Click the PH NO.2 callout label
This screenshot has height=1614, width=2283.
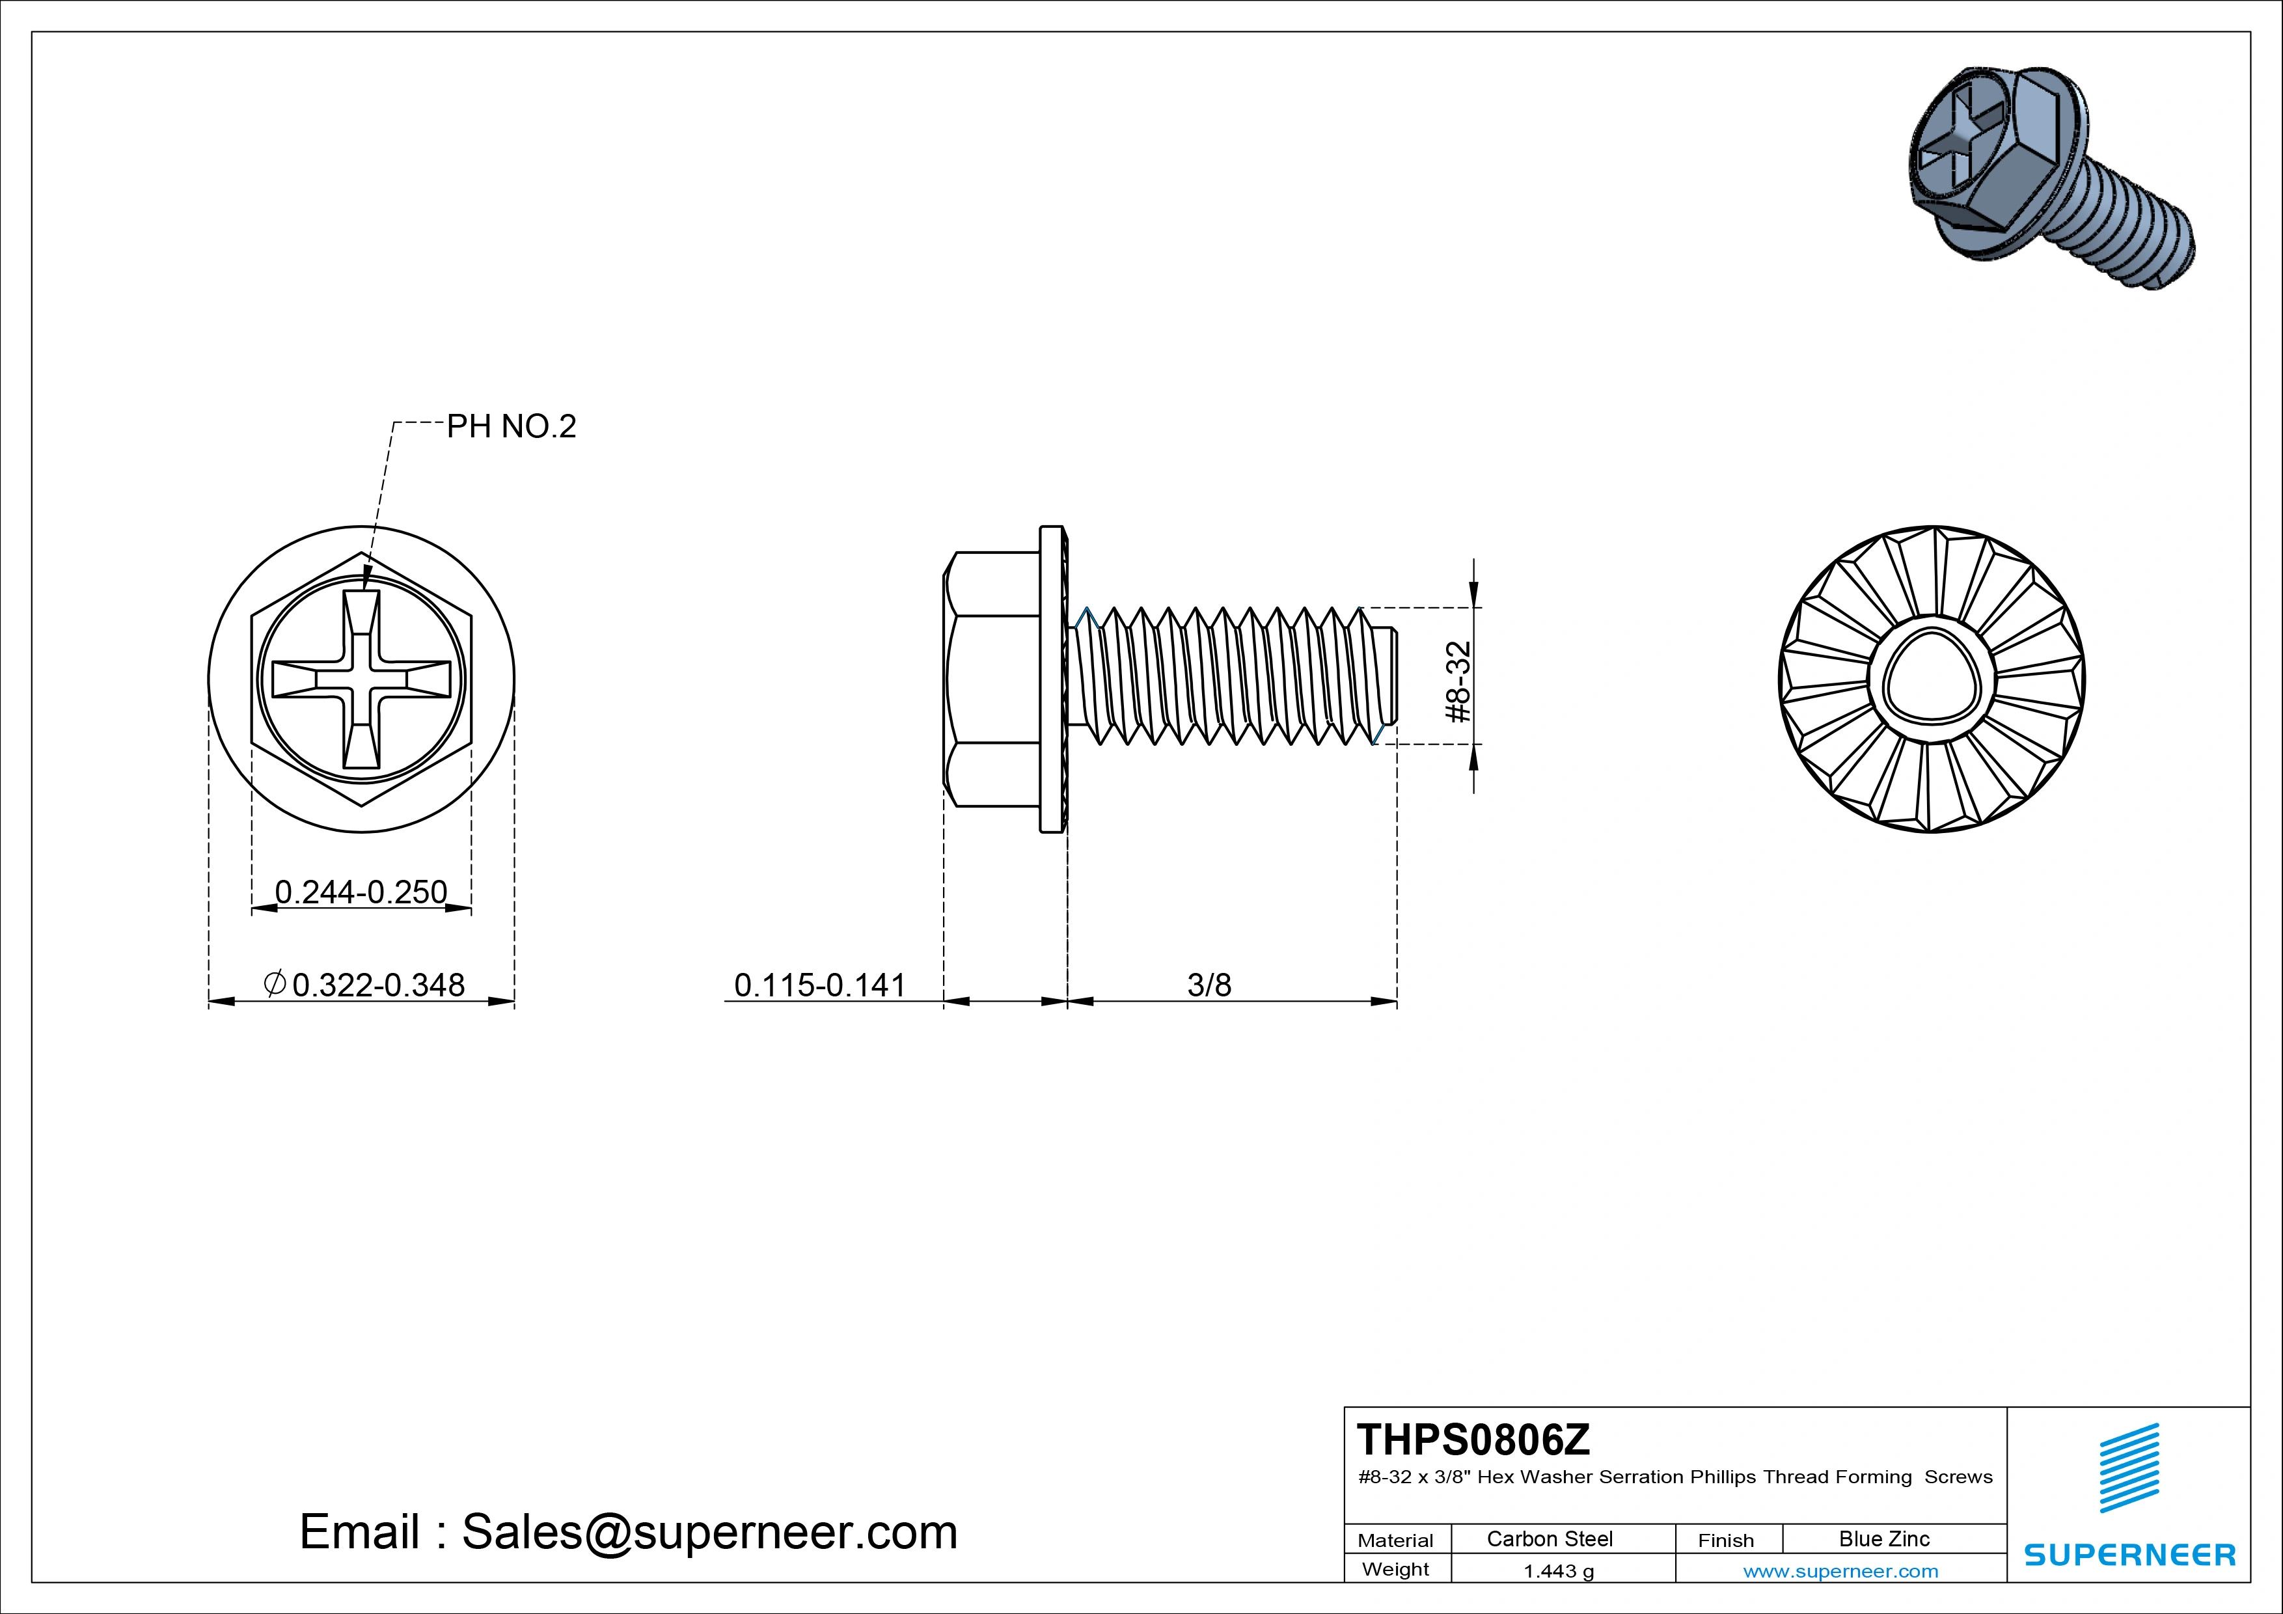[x=511, y=427]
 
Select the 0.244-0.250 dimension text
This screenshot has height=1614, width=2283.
[x=361, y=892]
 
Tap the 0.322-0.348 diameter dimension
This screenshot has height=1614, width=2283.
[x=366, y=985]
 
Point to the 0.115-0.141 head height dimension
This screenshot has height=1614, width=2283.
[x=819, y=985]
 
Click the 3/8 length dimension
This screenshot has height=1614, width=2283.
[x=1209, y=985]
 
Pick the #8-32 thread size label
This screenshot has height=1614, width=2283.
[x=1458, y=682]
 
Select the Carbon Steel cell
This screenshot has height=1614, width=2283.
[x=1549, y=1539]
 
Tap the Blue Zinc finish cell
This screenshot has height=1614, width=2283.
[x=1884, y=1539]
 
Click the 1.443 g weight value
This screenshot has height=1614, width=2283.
[x=1558, y=1571]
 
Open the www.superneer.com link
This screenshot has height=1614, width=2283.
[x=1840, y=1571]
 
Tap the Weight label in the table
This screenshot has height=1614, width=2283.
[x=1395, y=1569]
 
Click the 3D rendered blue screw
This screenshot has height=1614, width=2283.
[x=2048, y=179]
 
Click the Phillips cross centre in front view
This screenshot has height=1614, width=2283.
[x=361, y=680]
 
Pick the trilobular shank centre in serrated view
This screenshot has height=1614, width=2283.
[x=1931, y=676]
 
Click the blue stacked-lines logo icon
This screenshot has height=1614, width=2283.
[x=2129, y=1468]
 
